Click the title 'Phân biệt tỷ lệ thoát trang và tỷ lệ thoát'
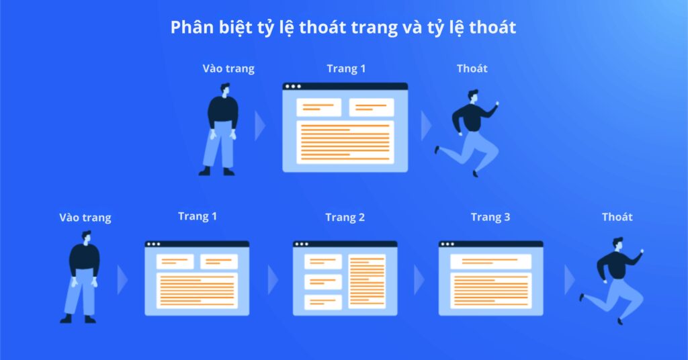pos(343,28)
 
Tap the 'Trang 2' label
pos(345,217)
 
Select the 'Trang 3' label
pos(490,217)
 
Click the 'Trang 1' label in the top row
pos(346,68)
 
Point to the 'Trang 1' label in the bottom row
pos(198,216)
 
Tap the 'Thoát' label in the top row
pos(472,68)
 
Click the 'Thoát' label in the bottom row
pos(617,216)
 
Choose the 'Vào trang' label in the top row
pos(228,69)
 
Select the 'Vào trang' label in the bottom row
pos(85,218)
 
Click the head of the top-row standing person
pos(224,89)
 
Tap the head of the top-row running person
pos(474,95)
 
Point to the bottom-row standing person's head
pos(86,237)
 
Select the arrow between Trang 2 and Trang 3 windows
pos(419,279)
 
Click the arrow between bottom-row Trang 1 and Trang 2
pos(273,279)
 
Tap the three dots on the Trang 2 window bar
pos(302,244)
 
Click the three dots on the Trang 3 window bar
pos(448,244)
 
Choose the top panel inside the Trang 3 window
pos(490,261)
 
